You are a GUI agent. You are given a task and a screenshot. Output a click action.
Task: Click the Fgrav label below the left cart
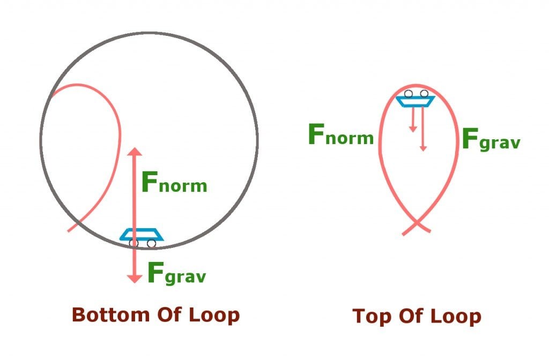[176, 274]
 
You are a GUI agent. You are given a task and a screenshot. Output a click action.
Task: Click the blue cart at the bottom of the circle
[142, 234]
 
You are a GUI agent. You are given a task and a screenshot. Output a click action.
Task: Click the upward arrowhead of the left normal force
[134, 152]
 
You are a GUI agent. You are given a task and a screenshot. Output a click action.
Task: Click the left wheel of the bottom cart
[133, 243]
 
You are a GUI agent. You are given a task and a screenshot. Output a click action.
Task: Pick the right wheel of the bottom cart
[151, 243]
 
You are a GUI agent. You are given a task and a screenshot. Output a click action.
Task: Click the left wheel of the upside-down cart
[409, 94]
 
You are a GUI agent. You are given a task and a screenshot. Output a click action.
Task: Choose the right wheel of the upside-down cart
[424, 94]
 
